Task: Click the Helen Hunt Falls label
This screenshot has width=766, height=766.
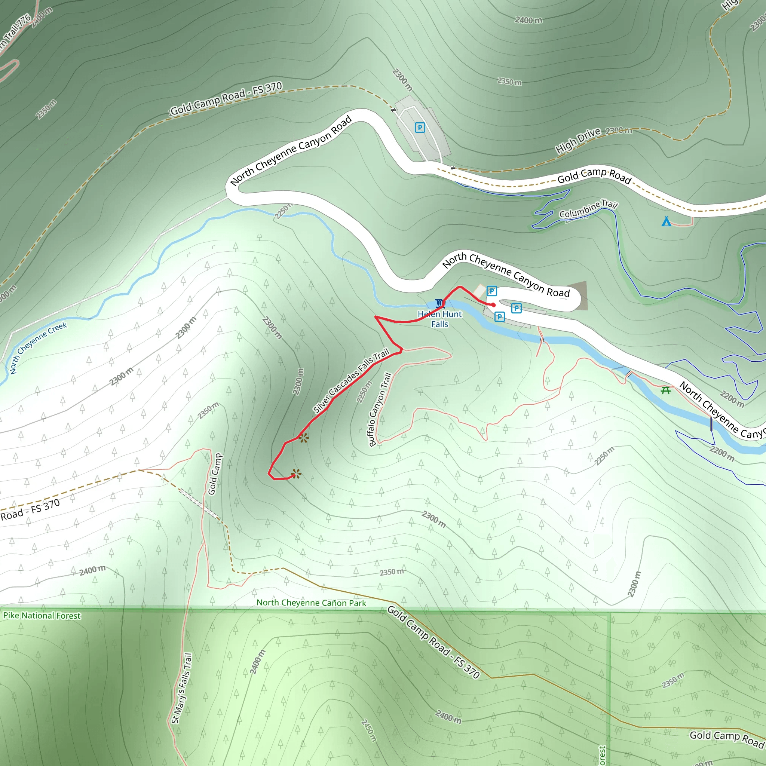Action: click(440, 319)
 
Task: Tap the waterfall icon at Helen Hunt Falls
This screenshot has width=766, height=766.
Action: click(439, 304)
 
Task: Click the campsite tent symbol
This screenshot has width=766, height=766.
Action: click(667, 221)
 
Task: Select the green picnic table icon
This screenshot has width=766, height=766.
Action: click(666, 390)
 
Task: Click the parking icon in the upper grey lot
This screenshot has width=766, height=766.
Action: click(420, 127)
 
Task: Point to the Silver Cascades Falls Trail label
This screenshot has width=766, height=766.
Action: click(351, 381)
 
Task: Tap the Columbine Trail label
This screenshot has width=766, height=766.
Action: click(588, 209)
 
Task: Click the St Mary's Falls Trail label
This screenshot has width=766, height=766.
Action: click(181, 688)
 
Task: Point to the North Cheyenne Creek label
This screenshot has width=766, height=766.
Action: click(38, 348)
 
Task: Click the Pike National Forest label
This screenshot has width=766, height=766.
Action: click(42, 615)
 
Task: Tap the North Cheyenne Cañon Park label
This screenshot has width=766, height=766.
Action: click(311, 603)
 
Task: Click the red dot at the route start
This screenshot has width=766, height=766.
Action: click(493, 305)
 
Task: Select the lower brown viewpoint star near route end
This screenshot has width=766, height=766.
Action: click(296, 474)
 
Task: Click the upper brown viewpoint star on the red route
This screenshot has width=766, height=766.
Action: click(304, 438)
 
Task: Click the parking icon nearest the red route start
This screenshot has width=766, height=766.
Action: click(491, 291)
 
